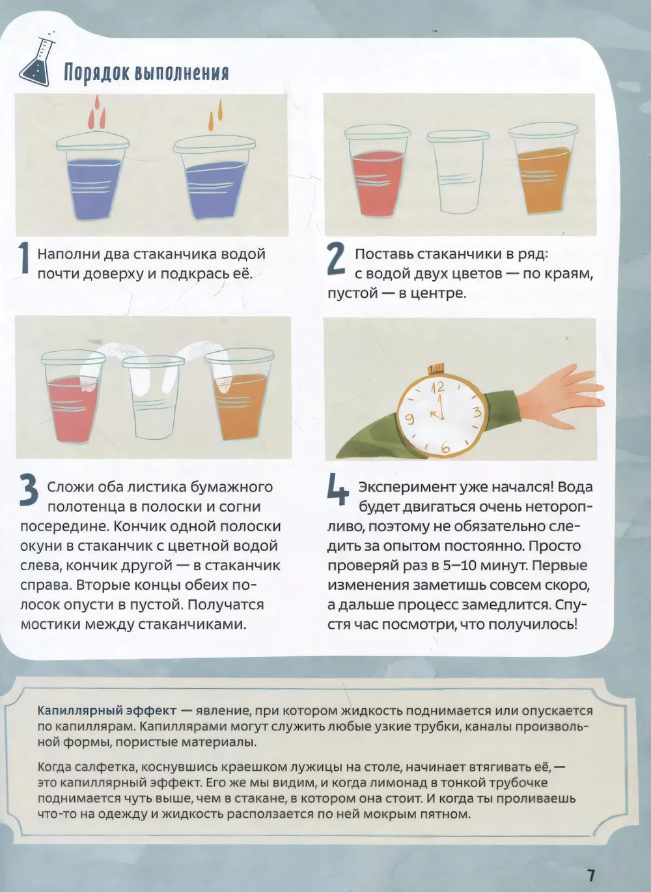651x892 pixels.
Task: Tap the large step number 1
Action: tap(24, 259)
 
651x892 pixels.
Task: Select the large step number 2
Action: tap(336, 259)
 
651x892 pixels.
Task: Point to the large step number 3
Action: tap(29, 491)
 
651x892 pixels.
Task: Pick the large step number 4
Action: tap(337, 491)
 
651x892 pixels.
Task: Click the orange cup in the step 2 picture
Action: tap(543, 169)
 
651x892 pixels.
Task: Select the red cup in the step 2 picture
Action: tap(376, 171)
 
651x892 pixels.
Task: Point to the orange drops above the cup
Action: tap(215, 115)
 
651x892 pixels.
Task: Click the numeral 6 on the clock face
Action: tap(445, 448)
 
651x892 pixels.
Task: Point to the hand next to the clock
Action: tap(561, 391)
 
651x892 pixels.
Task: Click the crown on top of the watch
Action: tap(436, 367)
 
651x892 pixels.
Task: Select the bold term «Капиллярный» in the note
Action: tap(79, 711)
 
